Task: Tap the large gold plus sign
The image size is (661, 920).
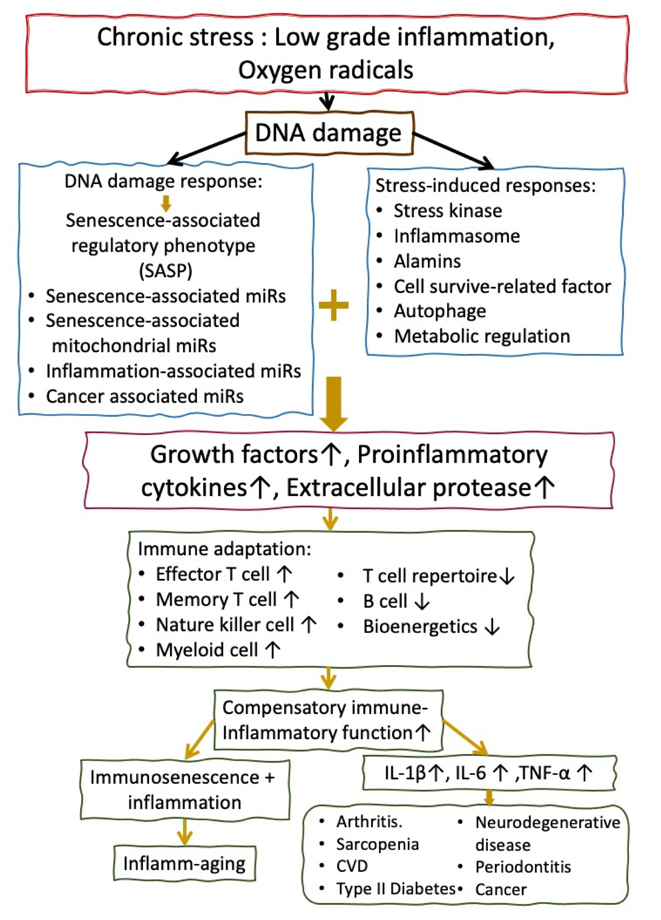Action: pyautogui.click(x=333, y=305)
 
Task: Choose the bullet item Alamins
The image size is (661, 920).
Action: pyautogui.click(x=427, y=261)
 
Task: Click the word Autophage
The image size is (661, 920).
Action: pyautogui.click(x=440, y=311)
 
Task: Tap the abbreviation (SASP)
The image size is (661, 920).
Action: pyautogui.click(x=165, y=271)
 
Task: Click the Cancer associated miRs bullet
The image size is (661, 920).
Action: pyautogui.click(x=144, y=396)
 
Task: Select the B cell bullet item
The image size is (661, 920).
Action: pyautogui.click(x=385, y=601)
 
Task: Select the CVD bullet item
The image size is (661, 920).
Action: pyautogui.click(x=352, y=866)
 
